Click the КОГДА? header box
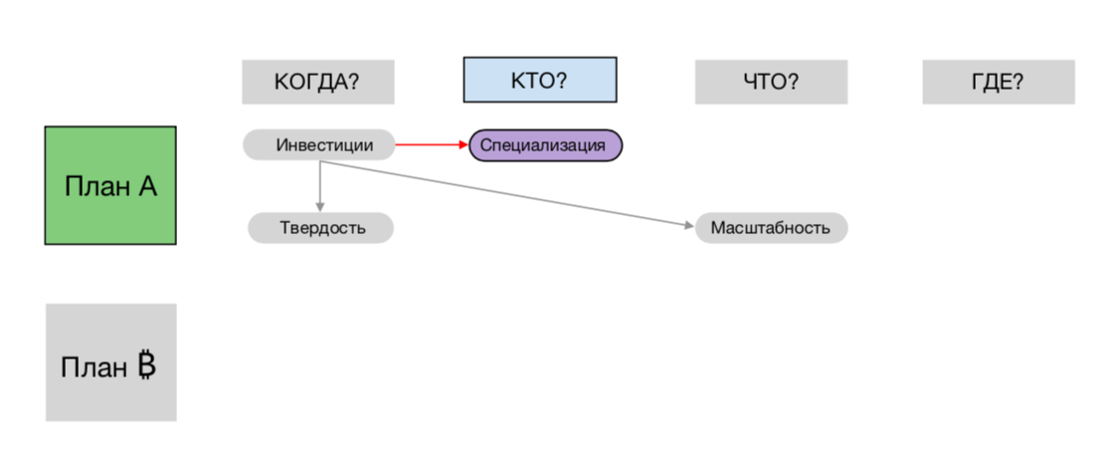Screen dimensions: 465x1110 point(317,82)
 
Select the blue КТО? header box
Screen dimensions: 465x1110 point(539,81)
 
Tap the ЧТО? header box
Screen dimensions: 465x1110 point(771,82)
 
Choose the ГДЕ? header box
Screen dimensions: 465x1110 point(998,82)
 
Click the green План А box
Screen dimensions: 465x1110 point(110,185)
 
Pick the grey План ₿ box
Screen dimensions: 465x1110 point(110,362)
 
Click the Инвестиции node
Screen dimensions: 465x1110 point(318,145)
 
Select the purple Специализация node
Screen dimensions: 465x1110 point(545,145)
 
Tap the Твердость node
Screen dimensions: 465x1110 point(320,228)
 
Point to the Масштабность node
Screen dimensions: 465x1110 point(771,228)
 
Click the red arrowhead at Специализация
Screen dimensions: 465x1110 point(463,145)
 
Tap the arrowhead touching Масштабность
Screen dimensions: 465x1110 point(689,226)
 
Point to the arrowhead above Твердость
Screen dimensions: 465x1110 point(320,207)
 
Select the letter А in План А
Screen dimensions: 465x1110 point(147,186)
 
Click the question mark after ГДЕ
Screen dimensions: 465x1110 point(1018,82)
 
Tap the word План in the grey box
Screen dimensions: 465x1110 point(92,367)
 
